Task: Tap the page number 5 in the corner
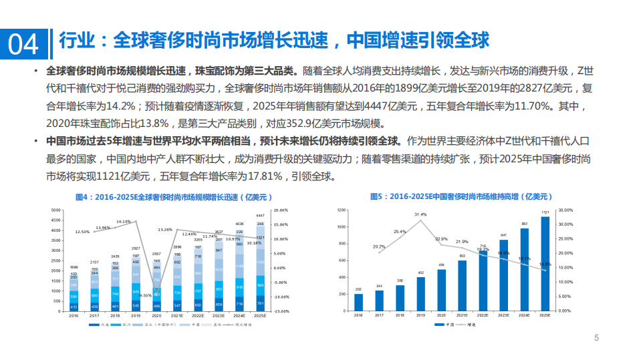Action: [597, 339]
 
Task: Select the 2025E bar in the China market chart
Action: [545, 264]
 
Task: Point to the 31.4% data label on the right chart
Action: [420, 214]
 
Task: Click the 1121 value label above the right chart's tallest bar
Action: [545, 212]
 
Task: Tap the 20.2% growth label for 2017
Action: [379, 246]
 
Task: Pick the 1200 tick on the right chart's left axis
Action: [341, 210]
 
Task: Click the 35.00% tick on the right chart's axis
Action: [565, 210]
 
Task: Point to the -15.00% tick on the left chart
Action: [281, 311]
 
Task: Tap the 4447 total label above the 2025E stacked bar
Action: [261, 216]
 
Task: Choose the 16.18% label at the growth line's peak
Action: [124, 221]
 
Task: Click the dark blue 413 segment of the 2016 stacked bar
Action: [74, 307]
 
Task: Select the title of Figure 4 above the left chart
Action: [171, 197]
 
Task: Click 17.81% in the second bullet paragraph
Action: [258, 177]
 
